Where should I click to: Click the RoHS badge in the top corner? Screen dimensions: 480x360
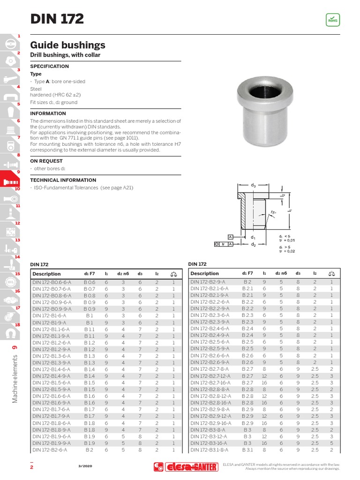(x=332, y=20)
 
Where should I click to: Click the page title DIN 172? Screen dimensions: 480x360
(x=57, y=19)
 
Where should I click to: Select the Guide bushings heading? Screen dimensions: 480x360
(x=67, y=45)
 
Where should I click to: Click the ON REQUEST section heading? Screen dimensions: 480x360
(x=46, y=161)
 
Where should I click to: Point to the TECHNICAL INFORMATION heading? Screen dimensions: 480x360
(x=63, y=180)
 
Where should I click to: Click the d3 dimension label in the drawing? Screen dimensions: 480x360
(x=254, y=185)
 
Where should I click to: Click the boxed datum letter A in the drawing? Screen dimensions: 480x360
(x=230, y=237)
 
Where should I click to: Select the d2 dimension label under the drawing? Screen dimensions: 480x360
(x=253, y=244)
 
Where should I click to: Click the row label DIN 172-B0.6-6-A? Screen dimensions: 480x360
(x=52, y=282)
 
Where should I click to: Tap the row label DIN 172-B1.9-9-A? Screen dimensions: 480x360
(x=52, y=443)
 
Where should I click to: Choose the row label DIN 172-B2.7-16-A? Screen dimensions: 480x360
(x=211, y=383)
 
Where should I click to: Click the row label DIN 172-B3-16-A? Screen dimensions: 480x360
(x=208, y=443)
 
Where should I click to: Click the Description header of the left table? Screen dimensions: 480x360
(x=47, y=274)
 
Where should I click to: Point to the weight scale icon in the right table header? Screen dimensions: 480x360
(x=331, y=273)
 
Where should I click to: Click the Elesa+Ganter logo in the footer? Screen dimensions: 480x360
(x=186, y=466)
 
